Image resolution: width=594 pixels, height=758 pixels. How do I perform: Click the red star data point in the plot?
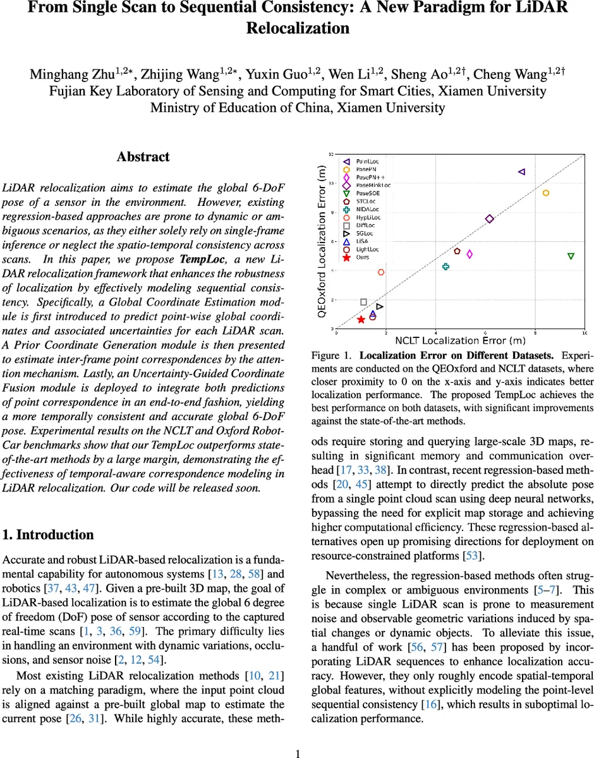coord(361,320)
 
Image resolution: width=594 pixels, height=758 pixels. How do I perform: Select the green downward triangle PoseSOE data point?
coord(571,256)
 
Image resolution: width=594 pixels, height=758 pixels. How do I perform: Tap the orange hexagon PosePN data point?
coord(546,193)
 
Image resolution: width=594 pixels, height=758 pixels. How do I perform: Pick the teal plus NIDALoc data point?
coord(445,267)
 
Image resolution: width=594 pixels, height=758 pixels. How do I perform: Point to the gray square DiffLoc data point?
coord(363,302)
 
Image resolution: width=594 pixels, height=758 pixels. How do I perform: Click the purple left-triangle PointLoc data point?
coord(521,171)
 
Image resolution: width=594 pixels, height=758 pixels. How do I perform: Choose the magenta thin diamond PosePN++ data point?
coord(470,254)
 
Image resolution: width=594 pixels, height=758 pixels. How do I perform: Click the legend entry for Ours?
coord(363,258)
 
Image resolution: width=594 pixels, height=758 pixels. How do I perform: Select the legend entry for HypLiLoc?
coord(368,217)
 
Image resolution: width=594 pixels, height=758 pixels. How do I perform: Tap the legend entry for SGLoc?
coord(365,233)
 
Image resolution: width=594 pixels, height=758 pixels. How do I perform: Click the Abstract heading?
coord(143,157)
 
